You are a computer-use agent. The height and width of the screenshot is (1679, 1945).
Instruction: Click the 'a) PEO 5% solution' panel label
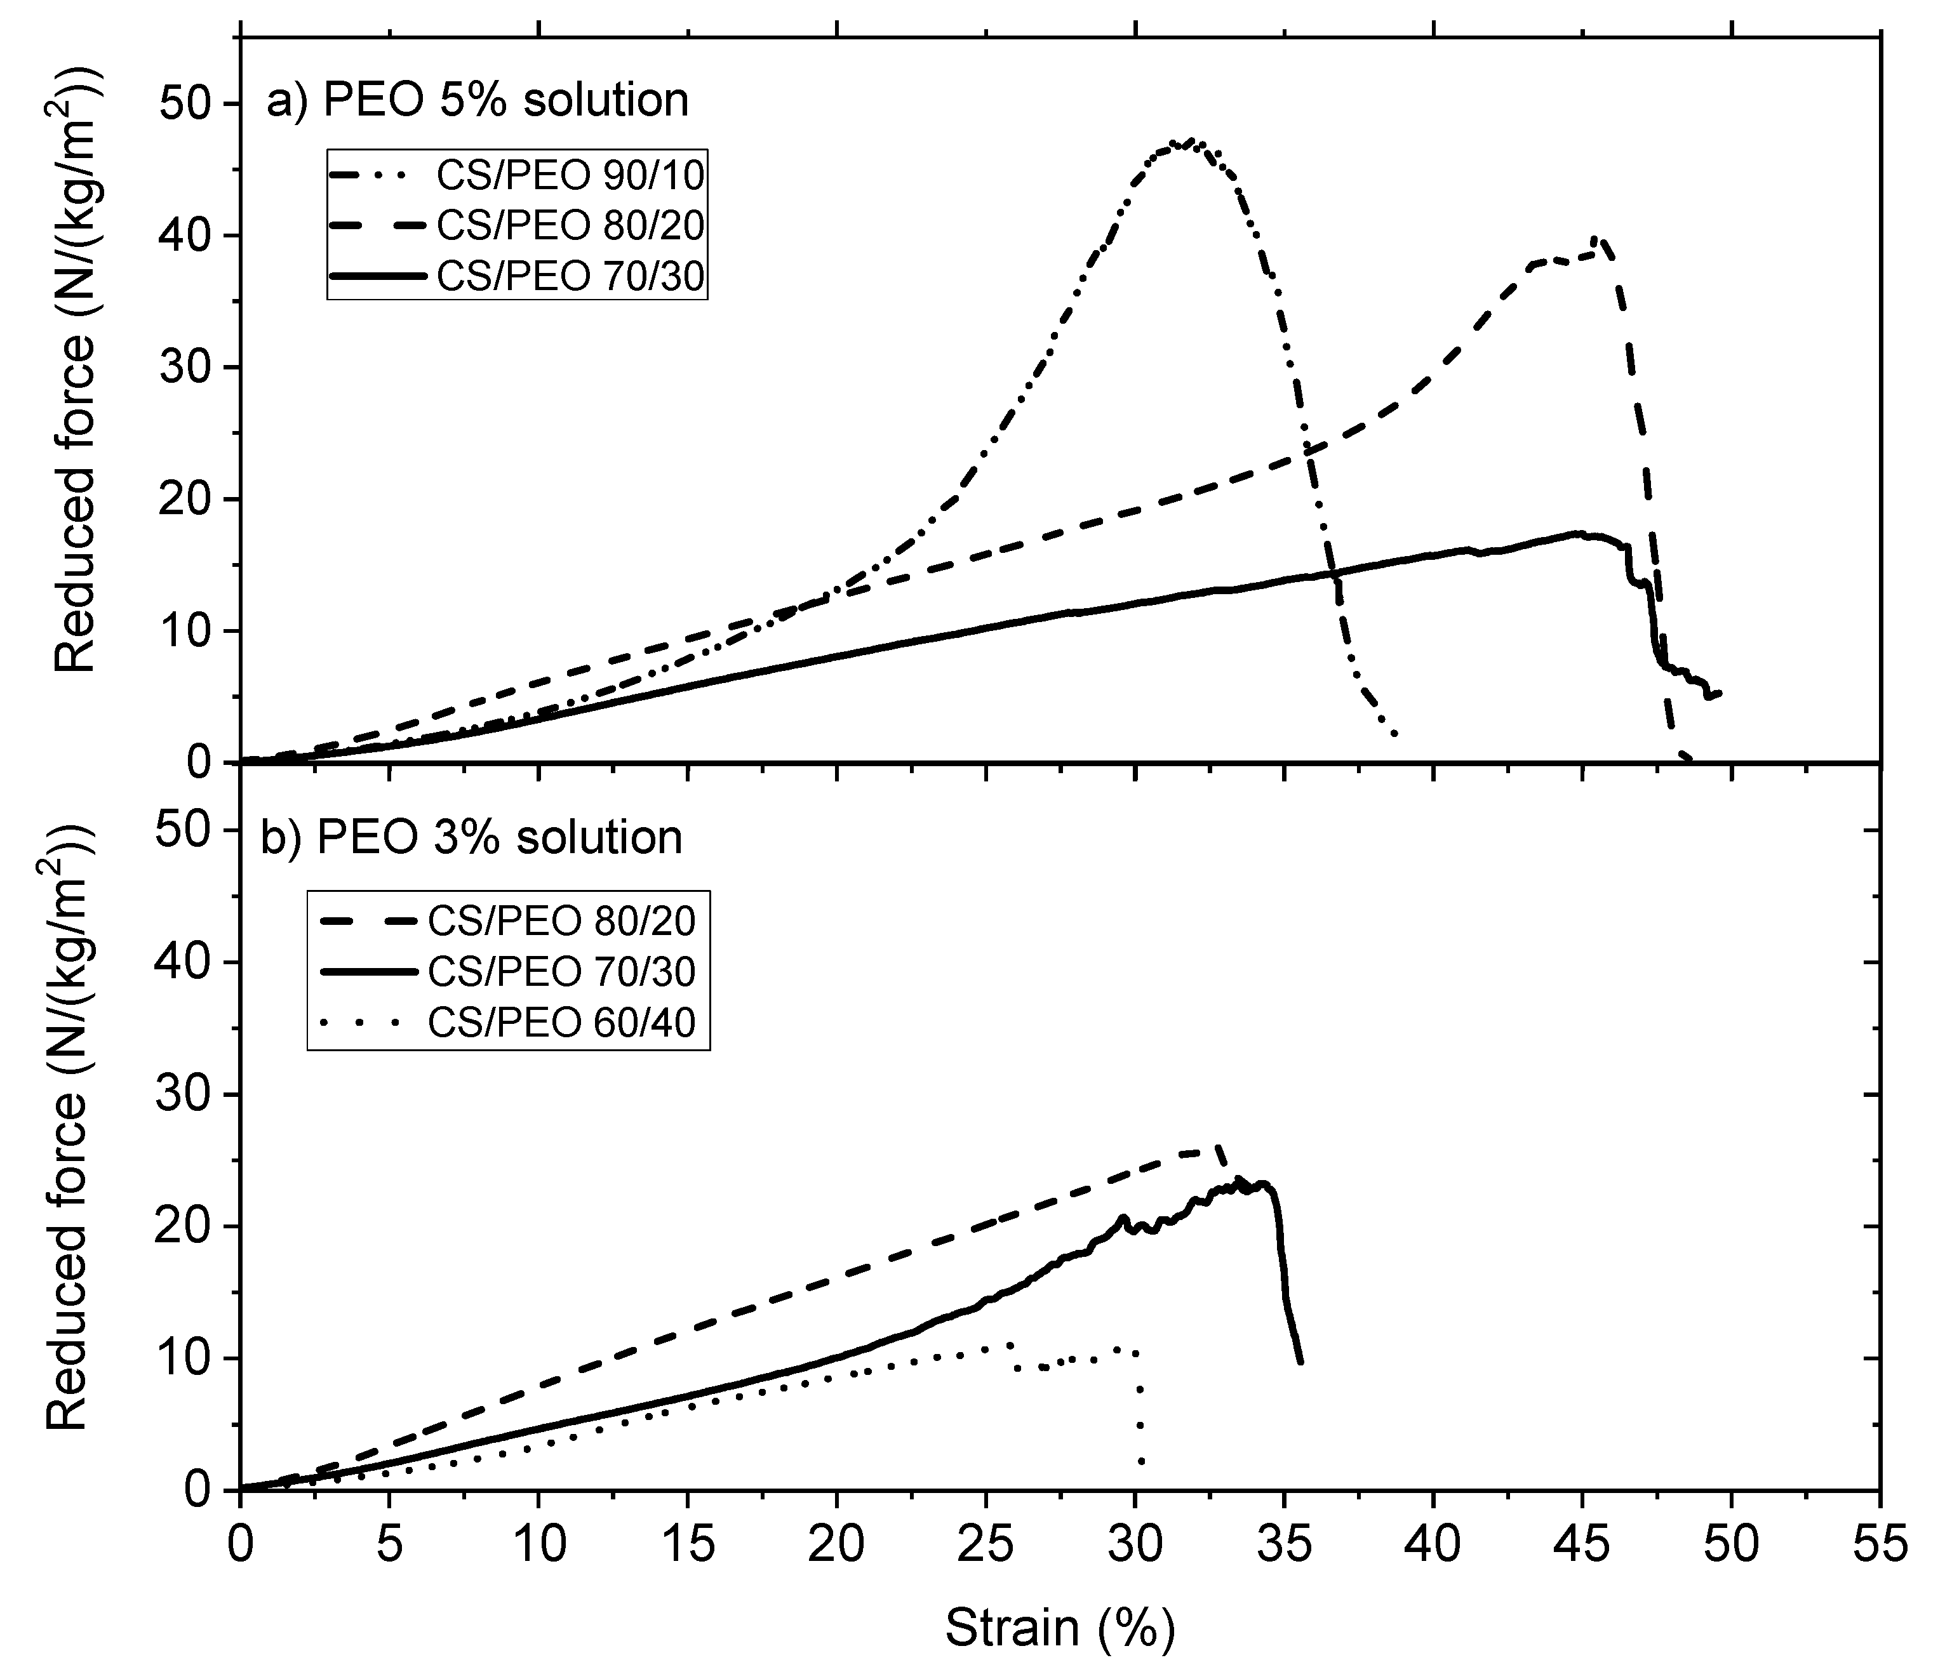tap(477, 100)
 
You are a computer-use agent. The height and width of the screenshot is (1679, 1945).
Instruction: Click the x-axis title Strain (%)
tap(1059, 1628)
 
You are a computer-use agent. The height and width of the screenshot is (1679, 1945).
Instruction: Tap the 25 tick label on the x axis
tap(986, 1544)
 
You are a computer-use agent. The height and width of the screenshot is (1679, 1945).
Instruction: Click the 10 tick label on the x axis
tap(539, 1544)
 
